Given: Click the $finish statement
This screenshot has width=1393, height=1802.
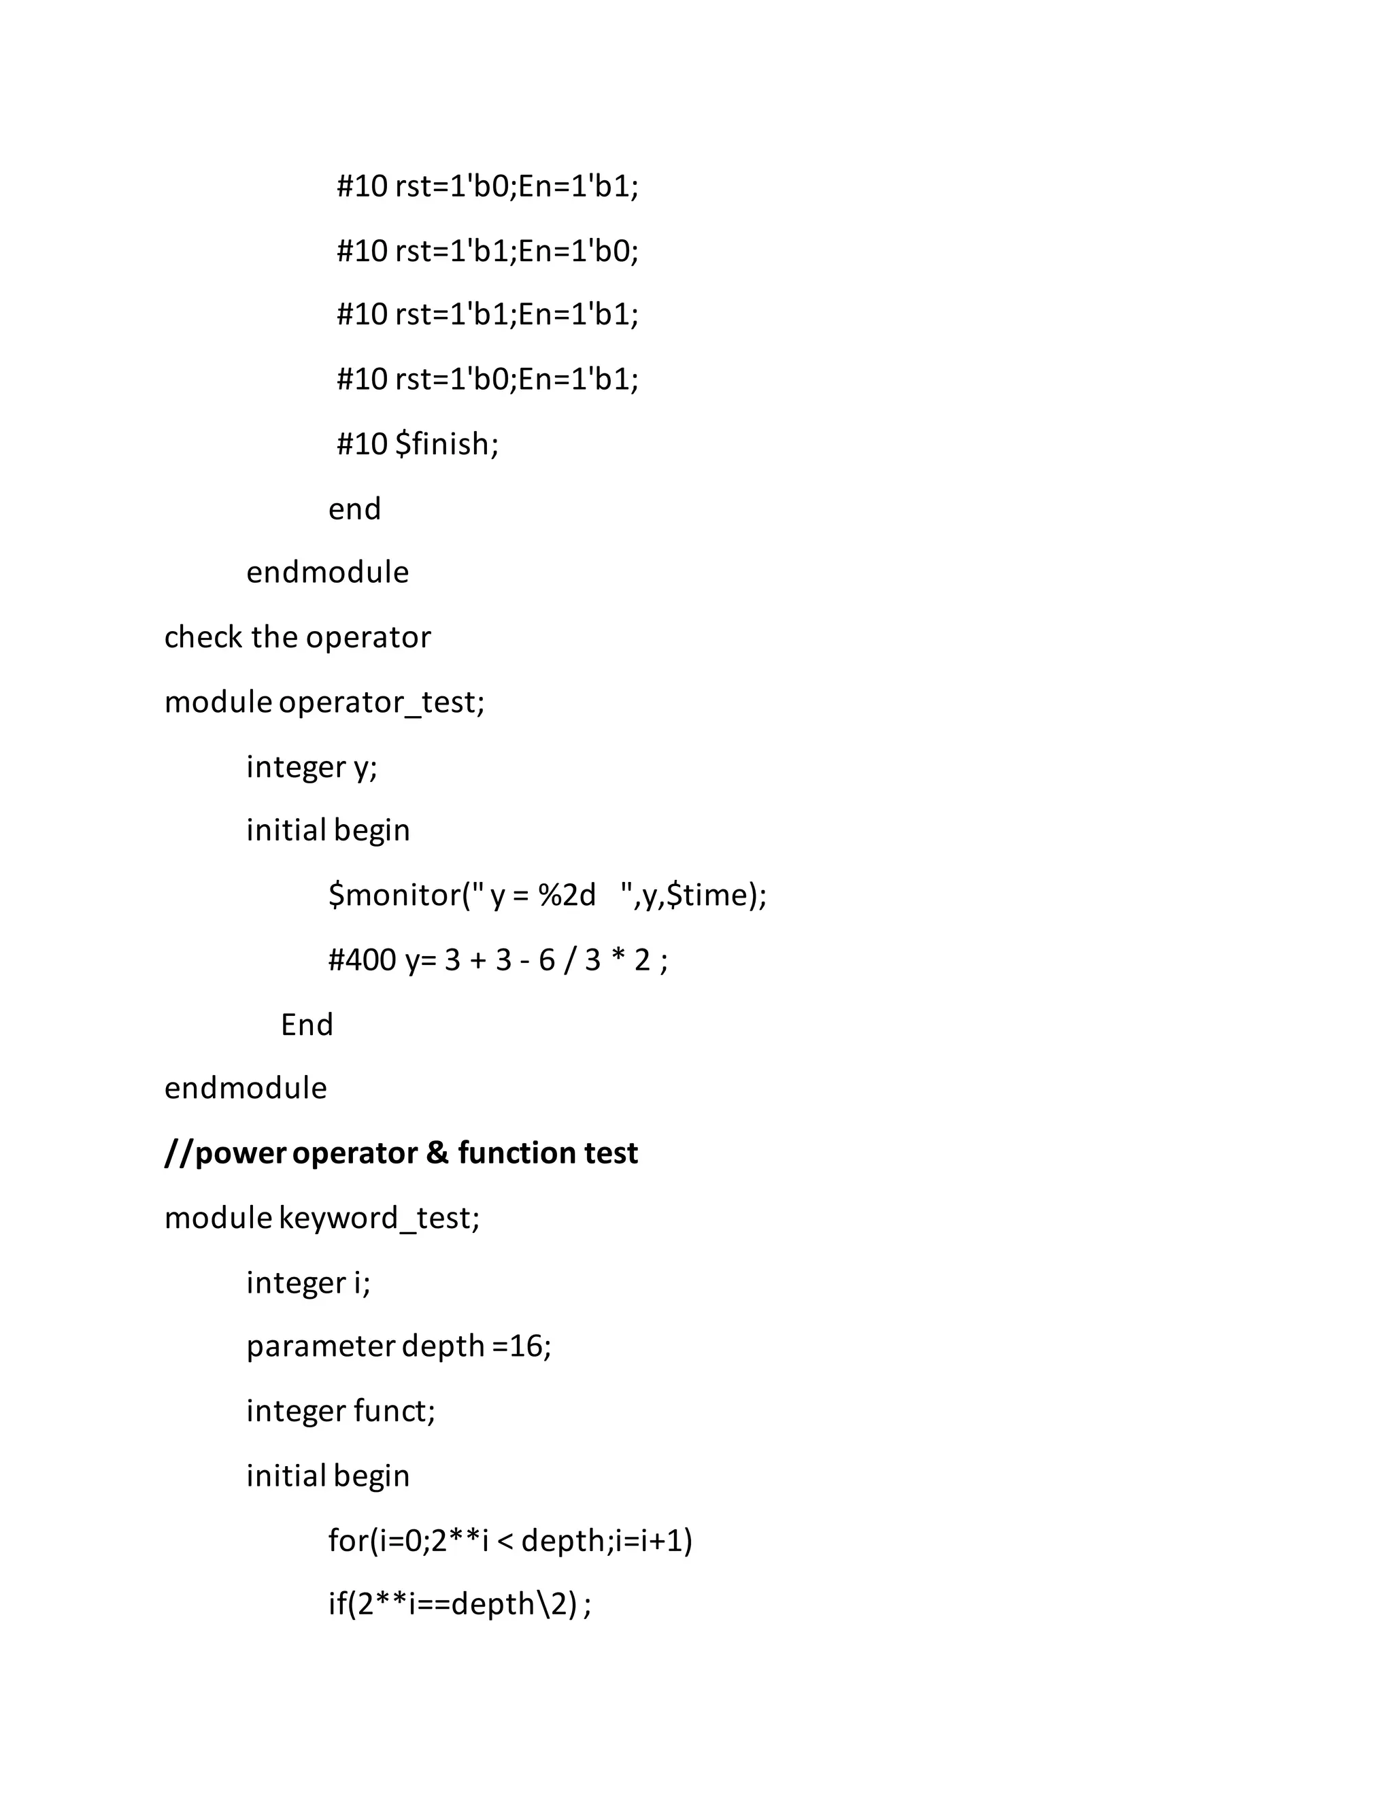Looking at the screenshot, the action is click(446, 444).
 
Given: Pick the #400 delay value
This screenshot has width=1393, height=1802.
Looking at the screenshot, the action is click(361, 959).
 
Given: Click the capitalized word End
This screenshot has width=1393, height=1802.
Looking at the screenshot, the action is click(306, 1025).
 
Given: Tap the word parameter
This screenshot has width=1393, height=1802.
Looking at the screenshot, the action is click(320, 1346).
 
